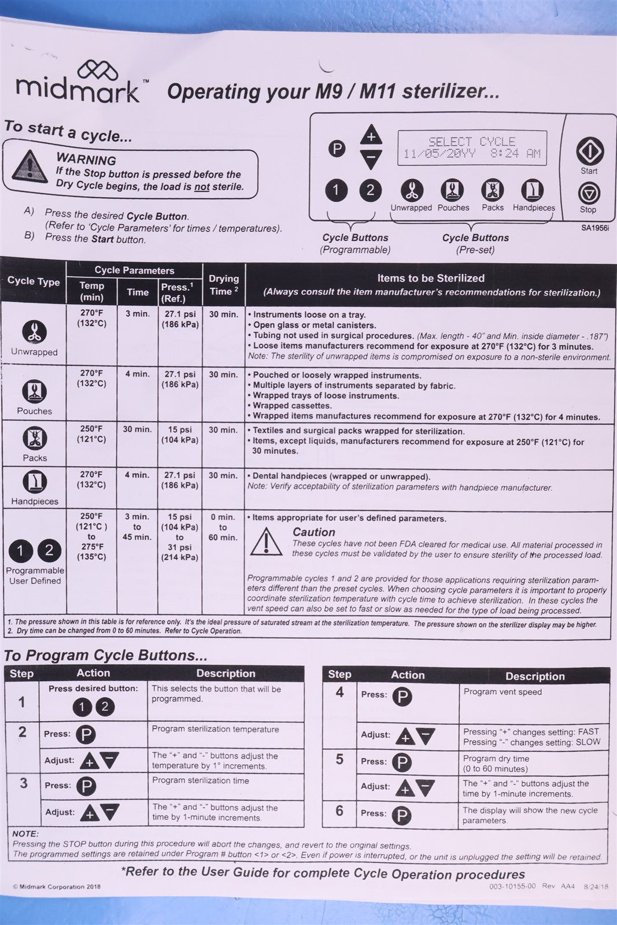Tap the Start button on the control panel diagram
pyautogui.click(x=589, y=151)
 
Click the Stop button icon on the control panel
pyautogui.click(x=589, y=193)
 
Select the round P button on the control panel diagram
pyautogui.click(x=337, y=149)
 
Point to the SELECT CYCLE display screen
pyautogui.click(x=471, y=148)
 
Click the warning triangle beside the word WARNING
pyautogui.click(x=27, y=166)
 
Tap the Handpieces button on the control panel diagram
pyautogui.click(x=533, y=190)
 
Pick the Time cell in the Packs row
pyautogui.click(x=137, y=430)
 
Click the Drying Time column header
pyautogui.click(x=224, y=285)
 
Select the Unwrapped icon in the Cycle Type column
pyautogui.click(x=34, y=331)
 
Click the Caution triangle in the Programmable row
pyautogui.click(x=265, y=541)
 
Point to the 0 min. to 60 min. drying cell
pyautogui.click(x=223, y=527)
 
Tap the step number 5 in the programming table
pyautogui.click(x=340, y=760)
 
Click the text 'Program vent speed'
pyautogui.click(x=503, y=692)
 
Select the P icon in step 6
pyautogui.click(x=401, y=815)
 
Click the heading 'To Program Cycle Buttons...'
pyautogui.click(x=105, y=655)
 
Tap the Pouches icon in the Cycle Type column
pyautogui.click(x=34, y=391)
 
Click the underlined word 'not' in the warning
pyautogui.click(x=201, y=187)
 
